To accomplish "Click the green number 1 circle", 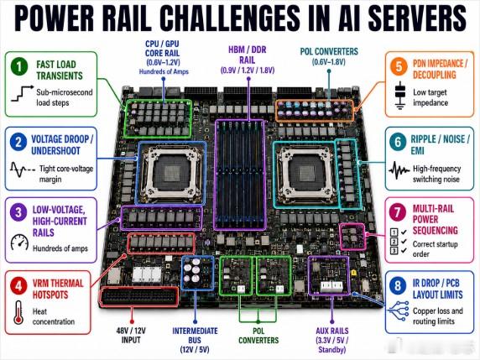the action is pos(20,66).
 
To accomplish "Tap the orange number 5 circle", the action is pos(399,66).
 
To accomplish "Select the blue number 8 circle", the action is pos(398,285).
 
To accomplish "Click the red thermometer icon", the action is pos(18,312).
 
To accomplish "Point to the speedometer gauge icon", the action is pos(19,243).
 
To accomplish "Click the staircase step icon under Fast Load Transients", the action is pos(22,93).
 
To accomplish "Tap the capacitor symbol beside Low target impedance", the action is pos(399,96).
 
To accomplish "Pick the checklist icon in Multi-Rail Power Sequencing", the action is pos(399,241).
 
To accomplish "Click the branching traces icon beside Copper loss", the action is pos(398,310).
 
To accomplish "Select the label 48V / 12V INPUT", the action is pos(131,335).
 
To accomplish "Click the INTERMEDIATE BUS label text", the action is pos(195,336).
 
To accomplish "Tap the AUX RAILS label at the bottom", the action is pos(332,331).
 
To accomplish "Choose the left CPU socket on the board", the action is pos(171,173).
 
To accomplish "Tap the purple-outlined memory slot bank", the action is pos(240,175).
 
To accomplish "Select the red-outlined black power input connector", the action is pos(139,296).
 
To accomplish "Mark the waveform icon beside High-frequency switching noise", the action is pos(399,170).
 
